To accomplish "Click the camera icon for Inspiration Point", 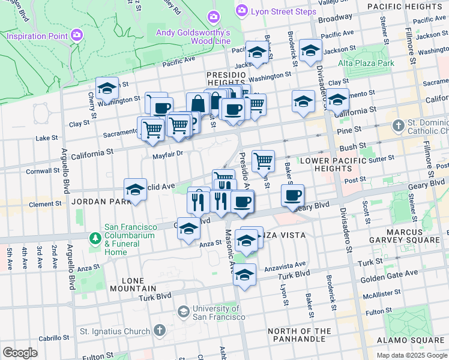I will point(76,36).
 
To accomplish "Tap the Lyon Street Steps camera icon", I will point(242,10).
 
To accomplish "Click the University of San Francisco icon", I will point(184,312).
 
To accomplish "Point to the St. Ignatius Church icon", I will point(159,331).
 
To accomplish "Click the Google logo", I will point(20,353).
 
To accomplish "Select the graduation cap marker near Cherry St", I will point(107,88).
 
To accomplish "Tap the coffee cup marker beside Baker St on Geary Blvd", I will point(292,195).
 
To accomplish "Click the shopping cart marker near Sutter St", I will point(263,160).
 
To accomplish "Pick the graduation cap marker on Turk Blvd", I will point(244,274).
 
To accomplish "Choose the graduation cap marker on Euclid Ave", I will point(136,190).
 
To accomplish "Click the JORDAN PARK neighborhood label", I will point(92,202).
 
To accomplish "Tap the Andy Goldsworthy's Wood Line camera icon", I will point(212,16).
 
